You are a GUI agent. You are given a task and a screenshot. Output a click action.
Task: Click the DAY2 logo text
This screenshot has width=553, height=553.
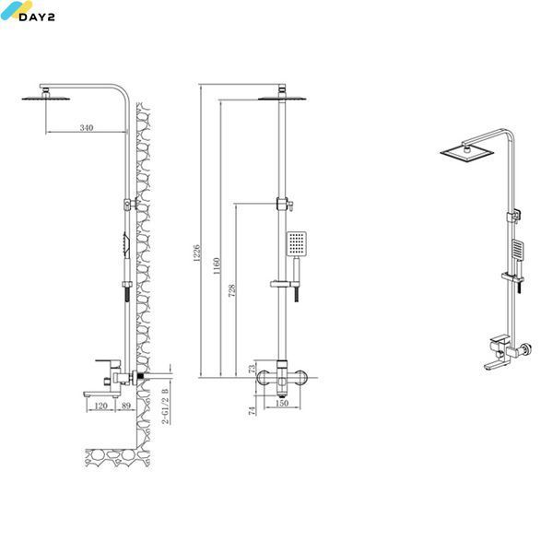pyautogui.click(x=37, y=17)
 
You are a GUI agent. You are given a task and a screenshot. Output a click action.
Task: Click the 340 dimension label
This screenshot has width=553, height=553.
pyautogui.click(x=87, y=127)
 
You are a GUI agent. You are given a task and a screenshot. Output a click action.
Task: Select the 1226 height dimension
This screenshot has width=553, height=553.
pyautogui.click(x=197, y=253)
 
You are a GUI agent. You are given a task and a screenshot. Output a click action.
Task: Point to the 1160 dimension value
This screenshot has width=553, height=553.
pyautogui.click(x=217, y=266)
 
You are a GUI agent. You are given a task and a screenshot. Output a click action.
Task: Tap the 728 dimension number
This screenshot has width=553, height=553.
pyautogui.click(x=231, y=290)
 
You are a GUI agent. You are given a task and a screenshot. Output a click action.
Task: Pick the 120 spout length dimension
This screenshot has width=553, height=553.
pyautogui.click(x=100, y=406)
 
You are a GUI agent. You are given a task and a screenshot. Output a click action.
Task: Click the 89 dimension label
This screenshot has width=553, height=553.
pyautogui.click(x=126, y=406)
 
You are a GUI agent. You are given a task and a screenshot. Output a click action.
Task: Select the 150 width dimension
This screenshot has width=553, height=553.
pyautogui.click(x=282, y=403)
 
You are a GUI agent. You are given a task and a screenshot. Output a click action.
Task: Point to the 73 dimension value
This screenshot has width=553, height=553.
pyautogui.click(x=252, y=369)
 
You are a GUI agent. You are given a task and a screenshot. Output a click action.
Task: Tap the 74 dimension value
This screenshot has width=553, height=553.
pyautogui.click(x=252, y=410)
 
